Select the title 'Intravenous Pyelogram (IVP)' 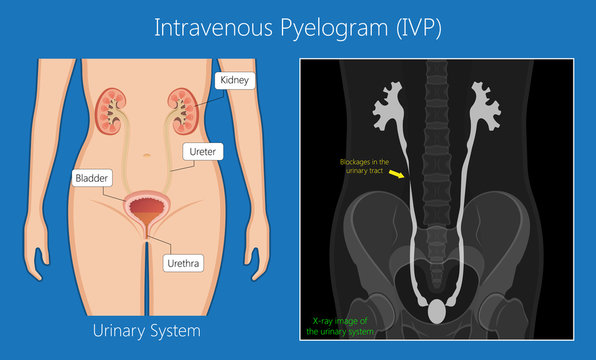coord(298,27)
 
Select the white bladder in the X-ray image coord(436,312)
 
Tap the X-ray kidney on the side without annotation coord(490,102)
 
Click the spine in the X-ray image coord(437,140)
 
